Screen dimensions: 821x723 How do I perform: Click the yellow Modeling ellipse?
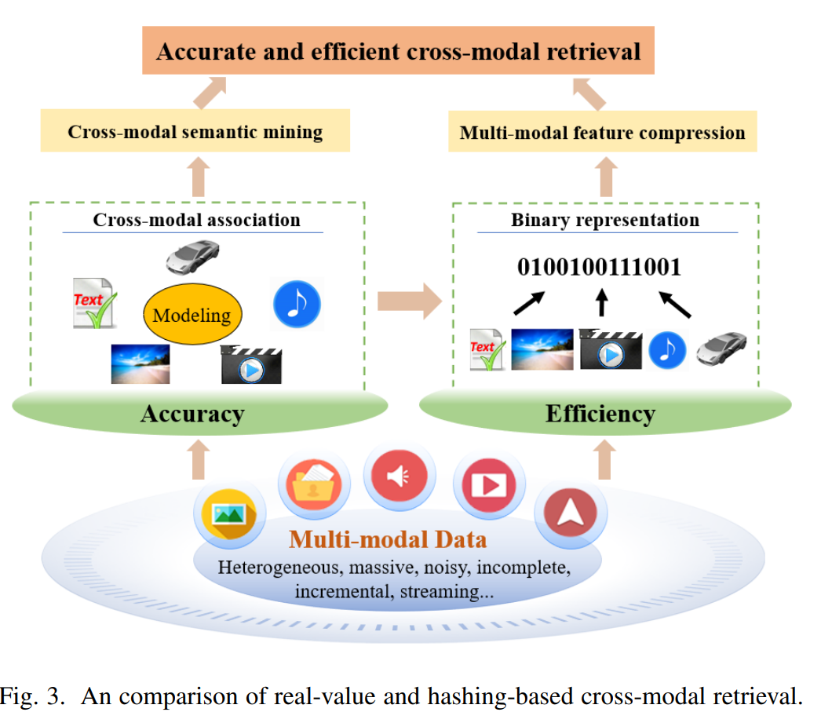pyautogui.click(x=192, y=314)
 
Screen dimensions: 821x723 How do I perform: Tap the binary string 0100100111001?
pyautogui.click(x=599, y=267)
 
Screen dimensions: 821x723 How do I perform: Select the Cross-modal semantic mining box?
pyautogui.click(x=195, y=131)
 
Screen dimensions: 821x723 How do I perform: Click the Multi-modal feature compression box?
pyautogui.click(x=603, y=132)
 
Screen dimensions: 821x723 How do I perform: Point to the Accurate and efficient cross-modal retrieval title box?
pyautogui.click(x=399, y=51)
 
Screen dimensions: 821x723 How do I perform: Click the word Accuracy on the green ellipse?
pyautogui.click(x=192, y=414)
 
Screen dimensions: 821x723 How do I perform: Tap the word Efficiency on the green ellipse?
pyautogui.click(x=600, y=414)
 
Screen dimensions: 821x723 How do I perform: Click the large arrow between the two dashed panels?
pyautogui.click(x=410, y=301)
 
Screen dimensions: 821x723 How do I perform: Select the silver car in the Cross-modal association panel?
pyautogui.click(x=192, y=257)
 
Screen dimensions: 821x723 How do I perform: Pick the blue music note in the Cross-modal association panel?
pyautogui.click(x=297, y=304)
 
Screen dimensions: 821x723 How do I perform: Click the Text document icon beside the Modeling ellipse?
pyautogui.click(x=94, y=303)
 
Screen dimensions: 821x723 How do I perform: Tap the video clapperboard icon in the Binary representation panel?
pyautogui.click(x=611, y=349)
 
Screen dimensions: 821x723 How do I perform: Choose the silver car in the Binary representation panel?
pyautogui.click(x=721, y=348)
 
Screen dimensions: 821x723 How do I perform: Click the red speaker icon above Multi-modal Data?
pyautogui.click(x=399, y=476)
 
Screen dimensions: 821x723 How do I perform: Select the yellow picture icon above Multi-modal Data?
pyautogui.click(x=229, y=515)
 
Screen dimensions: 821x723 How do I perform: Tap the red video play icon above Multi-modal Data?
pyautogui.click(x=489, y=485)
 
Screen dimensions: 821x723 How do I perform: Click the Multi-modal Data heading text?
pyautogui.click(x=388, y=539)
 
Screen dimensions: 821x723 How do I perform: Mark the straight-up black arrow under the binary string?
pyautogui.click(x=602, y=302)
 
